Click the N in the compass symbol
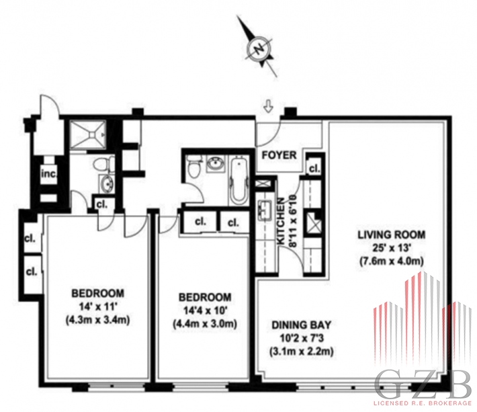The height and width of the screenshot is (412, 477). [x=259, y=49]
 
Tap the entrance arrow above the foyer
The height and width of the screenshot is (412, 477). [x=268, y=107]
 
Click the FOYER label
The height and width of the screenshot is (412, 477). [x=279, y=155]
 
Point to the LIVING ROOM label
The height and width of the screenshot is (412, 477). [x=391, y=235]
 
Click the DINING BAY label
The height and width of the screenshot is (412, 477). [x=301, y=325]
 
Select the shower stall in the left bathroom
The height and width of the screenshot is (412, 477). [x=87, y=134]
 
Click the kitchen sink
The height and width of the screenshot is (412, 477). [x=265, y=210]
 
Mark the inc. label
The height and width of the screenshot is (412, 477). [x=49, y=174]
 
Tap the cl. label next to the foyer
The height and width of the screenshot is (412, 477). [x=314, y=168]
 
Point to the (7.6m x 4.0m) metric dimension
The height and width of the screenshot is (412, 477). [x=392, y=261]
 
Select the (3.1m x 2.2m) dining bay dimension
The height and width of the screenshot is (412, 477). [x=301, y=352]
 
